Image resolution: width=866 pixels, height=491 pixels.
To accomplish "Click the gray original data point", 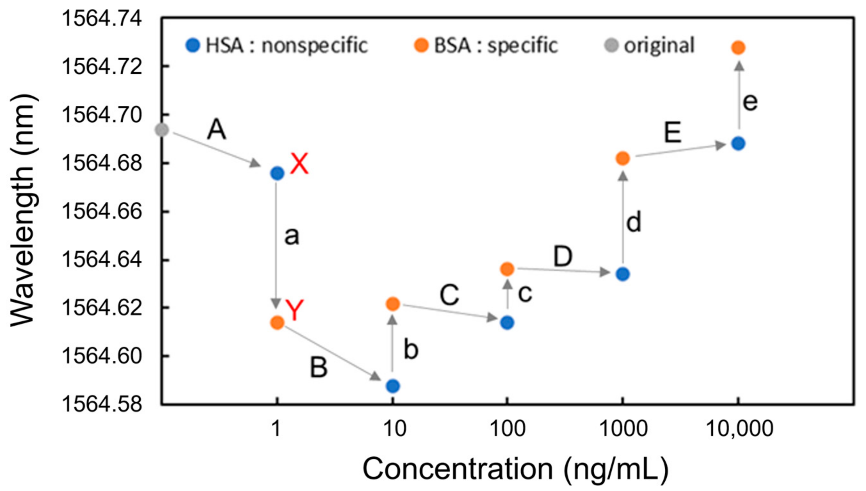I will click(162, 130).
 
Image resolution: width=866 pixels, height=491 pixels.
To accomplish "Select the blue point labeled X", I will click(277, 174).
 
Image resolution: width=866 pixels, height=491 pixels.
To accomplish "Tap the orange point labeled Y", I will click(277, 323).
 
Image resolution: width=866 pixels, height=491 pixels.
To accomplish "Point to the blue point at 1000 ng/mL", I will click(623, 274).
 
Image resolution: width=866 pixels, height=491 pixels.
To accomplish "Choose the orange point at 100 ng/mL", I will click(507, 269).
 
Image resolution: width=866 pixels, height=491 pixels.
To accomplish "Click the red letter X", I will click(299, 164).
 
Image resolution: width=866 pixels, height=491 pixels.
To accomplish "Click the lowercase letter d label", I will click(633, 222).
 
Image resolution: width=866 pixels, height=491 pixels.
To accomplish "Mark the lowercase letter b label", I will click(411, 349).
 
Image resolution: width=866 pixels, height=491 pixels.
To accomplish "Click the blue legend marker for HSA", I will click(193, 45).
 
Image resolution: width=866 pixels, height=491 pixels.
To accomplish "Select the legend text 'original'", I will click(659, 45).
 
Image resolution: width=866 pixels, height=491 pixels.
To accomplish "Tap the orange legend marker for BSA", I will click(421, 45).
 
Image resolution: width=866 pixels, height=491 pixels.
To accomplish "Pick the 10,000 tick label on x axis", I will click(739, 429).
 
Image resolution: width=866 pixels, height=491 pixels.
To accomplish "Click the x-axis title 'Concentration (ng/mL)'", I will click(515, 469).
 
